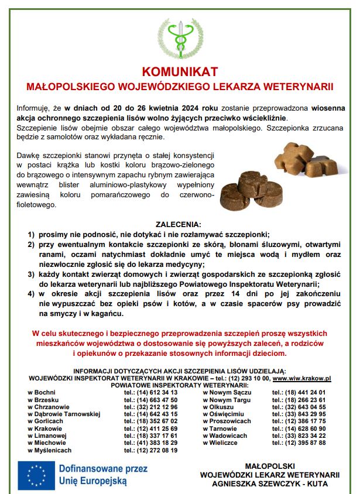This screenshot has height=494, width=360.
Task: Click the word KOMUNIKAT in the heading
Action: tap(180, 71)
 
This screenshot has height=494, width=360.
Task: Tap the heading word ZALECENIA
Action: tap(179, 224)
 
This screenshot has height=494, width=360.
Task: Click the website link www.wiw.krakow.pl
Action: tap(303, 379)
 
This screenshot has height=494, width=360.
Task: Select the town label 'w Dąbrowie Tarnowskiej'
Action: tap(64, 413)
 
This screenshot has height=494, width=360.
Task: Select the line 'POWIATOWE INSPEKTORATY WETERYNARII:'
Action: tap(180, 386)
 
